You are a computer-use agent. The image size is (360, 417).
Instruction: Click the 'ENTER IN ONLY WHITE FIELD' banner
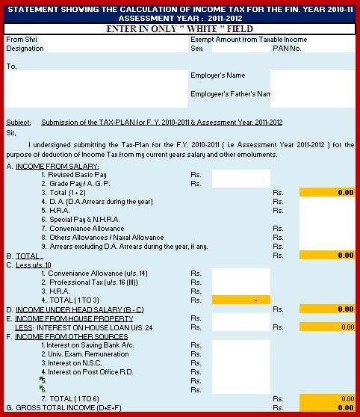179,28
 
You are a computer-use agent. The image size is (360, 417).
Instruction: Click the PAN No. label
287,48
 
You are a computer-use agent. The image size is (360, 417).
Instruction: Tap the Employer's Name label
217,75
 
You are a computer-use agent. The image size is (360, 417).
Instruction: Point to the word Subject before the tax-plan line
18,121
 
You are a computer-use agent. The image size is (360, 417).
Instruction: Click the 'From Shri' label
21,39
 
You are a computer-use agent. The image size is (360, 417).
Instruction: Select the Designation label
24,48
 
